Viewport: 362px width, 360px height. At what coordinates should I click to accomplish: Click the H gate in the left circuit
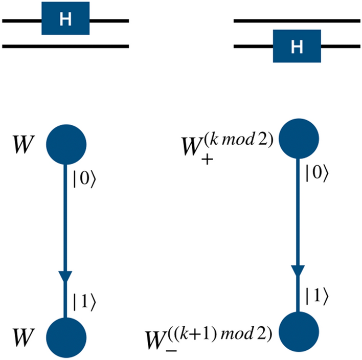[x=65, y=20]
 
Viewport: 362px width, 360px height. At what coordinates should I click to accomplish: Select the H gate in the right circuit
[x=297, y=46]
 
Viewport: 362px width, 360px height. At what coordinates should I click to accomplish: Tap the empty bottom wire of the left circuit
[x=65, y=46]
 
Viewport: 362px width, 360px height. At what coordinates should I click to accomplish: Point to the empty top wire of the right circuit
[x=297, y=20]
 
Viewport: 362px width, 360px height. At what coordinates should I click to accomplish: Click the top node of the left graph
[x=65, y=144]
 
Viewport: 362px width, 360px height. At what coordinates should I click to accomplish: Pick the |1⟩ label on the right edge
[x=314, y=296]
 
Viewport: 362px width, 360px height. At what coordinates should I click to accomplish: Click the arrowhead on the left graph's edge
[x=65, y=277]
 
